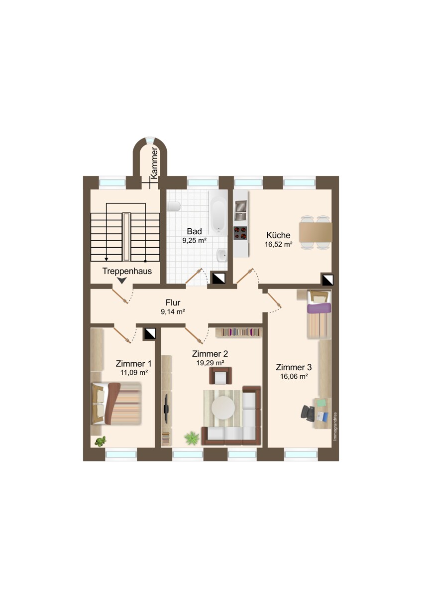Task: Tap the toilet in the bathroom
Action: pyautogui.click(x=174, y=206)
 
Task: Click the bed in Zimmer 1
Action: pyautogui.click(x=116, y=403)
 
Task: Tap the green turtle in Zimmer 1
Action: pyautogui.click(x=101, y=441)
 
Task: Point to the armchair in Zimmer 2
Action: pyautogui.click(x=220, y=376)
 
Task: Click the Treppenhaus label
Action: pyautogui.click(x=127, y=272)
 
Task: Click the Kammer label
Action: pyautogui.click(x=154, y=163)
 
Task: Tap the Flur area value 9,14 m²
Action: pyautogui.click(x=173, y=311)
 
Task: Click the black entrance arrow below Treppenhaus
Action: pyautogui.click(x=121, y=281)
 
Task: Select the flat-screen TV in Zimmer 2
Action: pyautogui.click(x=166, y=409)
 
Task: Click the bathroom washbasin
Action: pyautogui.click(x=221, y=256)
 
